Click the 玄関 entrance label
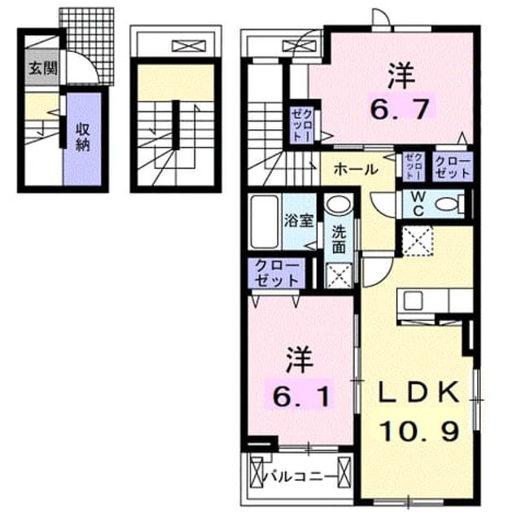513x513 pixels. tap(43, 68)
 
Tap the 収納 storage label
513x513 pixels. tap(83, 138)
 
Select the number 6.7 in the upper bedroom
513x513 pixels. tap(399, 109)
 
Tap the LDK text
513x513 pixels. tap(419, 392)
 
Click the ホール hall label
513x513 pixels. tap(356, 169)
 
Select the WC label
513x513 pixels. tap(418, 204)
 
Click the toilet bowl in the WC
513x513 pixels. tap(450, 204)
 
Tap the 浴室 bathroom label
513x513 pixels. tap(298, 221)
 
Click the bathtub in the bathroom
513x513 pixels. tap(264, 221)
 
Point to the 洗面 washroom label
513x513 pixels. tap(339, 240)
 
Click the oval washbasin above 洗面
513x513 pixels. tap(339, 204)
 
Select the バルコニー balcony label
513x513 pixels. tap(300, 476)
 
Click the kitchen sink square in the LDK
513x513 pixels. tap(413, 300)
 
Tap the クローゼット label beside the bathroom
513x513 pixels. tap(277, 274)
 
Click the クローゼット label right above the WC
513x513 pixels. tap(453, 167)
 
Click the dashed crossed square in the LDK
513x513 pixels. tap(417, 240)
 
